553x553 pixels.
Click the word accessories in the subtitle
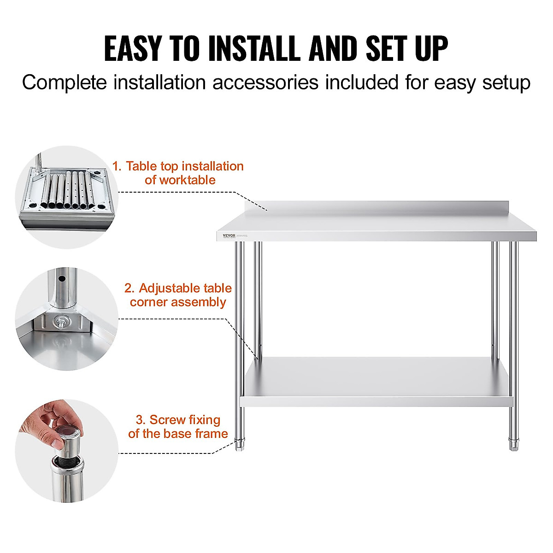(265, 83)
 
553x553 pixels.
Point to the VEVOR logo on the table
(229, 235)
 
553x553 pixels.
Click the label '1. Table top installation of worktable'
(178, 173)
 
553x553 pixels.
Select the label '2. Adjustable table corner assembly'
(178, 295)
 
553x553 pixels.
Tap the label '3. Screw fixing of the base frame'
(178, 426)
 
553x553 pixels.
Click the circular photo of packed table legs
(66, 197)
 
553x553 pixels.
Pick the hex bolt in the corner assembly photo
(60, 321)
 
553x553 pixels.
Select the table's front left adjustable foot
(240, 445)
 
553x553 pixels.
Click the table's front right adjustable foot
(513, 445)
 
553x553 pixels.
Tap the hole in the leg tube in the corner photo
(60, 279)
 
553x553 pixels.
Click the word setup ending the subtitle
(506, 83)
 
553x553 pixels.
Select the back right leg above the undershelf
(495, 300)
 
